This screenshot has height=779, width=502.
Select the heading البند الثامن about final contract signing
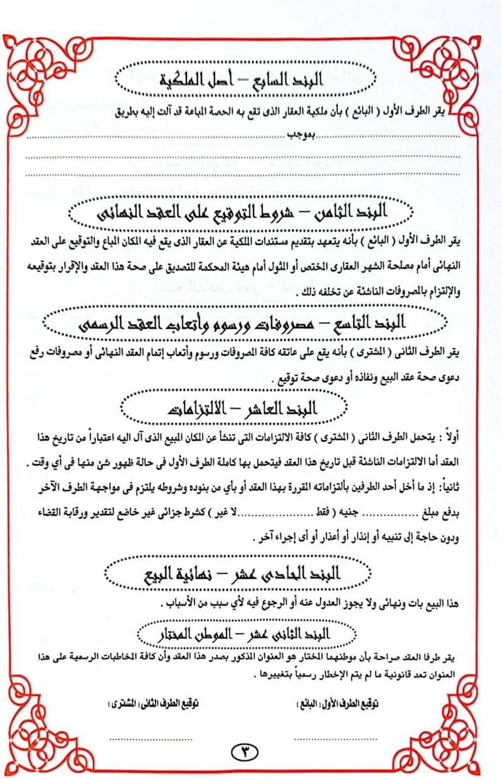click(x=251, y=214)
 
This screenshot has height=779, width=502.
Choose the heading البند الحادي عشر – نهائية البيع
click(x=251, y=573)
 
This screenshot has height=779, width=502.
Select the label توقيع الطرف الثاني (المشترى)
click(x=154, y=702)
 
